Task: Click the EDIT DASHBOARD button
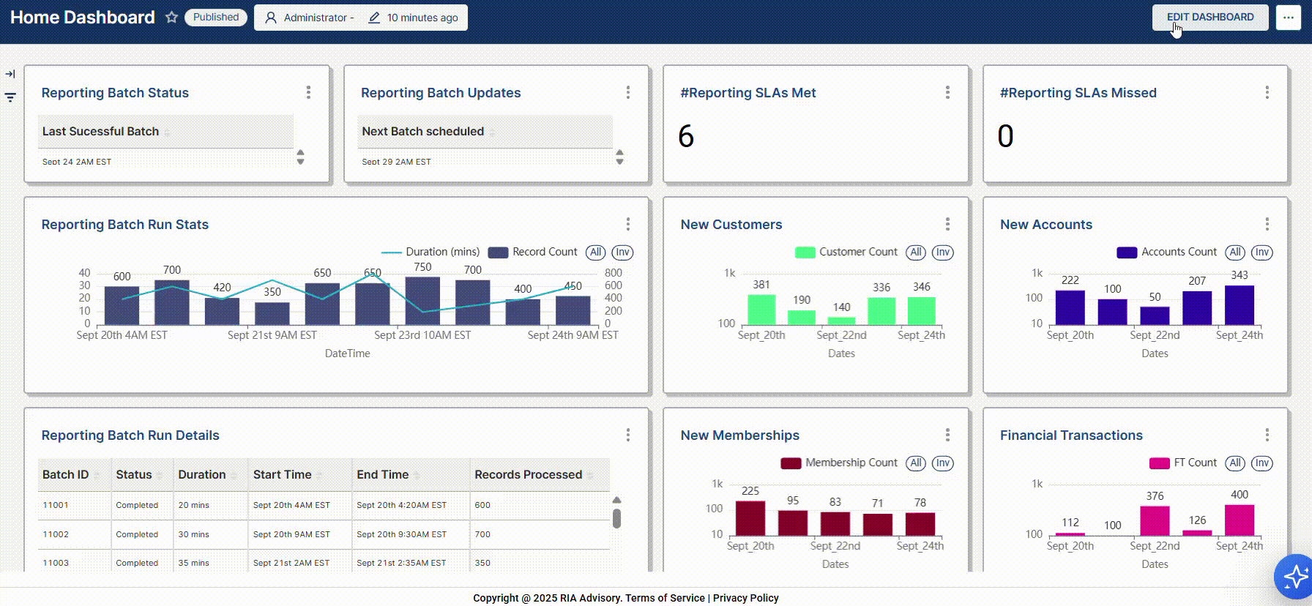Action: (1209, 18)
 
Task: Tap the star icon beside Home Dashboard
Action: (171, 18)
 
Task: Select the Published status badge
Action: (216, 18)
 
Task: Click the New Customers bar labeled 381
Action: (761, 310)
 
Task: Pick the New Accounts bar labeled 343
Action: (1239, 304)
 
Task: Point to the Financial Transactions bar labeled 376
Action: (1155, 520)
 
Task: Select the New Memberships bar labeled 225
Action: (750, 518)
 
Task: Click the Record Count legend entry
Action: (544, 252)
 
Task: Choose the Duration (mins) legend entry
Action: (442, 252)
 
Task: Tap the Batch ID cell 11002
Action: (56, 534)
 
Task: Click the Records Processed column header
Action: (528, 475)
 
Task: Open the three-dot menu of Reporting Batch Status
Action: (308, 92)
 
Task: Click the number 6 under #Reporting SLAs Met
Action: (686, 136)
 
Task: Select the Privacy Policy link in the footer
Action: (745, 598)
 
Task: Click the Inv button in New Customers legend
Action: (942, 252)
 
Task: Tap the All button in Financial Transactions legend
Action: (1235, 463)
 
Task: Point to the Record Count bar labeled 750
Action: (422, 301)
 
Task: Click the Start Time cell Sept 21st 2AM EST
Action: (291, 563)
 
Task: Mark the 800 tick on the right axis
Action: (613, 273)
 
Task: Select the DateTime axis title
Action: (347, 353)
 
